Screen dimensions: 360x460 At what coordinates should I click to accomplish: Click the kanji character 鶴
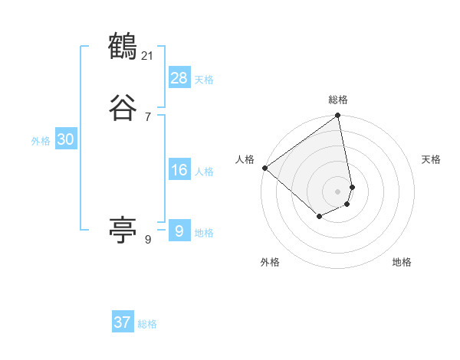coord(123,47)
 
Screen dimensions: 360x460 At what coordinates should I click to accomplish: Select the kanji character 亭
coord(123,229)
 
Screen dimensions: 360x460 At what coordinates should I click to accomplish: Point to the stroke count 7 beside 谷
coord(148,116)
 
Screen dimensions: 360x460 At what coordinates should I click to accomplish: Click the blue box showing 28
coord(179,78)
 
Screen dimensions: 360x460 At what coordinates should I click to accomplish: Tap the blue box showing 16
coord(179,170)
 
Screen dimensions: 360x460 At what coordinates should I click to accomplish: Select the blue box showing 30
coord(65,139)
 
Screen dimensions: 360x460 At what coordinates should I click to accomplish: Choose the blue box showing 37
coord(122,322)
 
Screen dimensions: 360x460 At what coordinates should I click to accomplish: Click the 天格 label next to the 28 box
coord(204,80)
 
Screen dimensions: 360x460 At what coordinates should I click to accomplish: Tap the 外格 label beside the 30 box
coord(41,141)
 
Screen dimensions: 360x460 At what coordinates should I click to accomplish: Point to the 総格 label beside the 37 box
coord(147,324)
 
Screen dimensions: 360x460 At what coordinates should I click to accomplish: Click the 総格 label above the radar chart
coord(338,100)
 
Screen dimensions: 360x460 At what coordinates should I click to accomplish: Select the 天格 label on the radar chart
coord(432,159)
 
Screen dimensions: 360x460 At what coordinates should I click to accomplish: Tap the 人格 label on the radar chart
coord(245,159)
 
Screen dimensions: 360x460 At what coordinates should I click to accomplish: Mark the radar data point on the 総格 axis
coord(338,116)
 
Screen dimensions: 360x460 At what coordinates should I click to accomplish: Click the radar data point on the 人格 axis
coord(264,168)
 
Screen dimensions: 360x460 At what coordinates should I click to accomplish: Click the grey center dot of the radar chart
coord(338,191)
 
